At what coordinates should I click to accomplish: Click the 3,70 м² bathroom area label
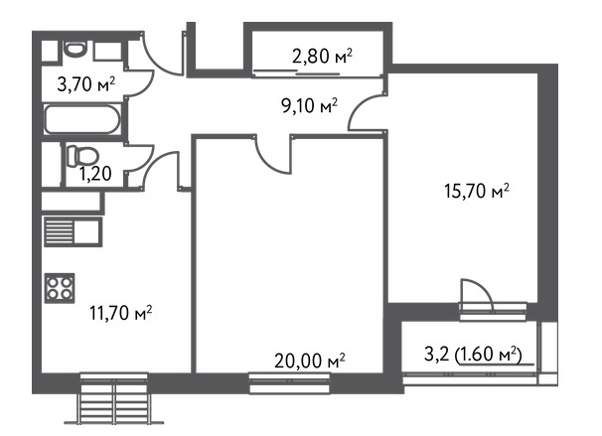(86, 83)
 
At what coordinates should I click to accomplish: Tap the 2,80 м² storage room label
(322, 56)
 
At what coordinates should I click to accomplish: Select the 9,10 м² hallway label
(310, 105)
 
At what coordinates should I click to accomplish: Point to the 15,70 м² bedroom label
(477, 191)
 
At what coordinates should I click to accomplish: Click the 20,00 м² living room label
(310, 361)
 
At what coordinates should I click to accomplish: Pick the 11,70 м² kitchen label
(121, 313)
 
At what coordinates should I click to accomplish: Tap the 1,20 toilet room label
(95, 174)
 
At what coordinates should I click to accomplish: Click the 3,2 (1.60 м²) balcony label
(474, 355)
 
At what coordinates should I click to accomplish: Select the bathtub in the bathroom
(82, 118)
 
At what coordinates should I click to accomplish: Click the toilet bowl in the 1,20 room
(82, 156)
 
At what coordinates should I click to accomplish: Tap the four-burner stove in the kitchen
(60, 288)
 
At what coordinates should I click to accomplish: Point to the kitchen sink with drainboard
(73, 231)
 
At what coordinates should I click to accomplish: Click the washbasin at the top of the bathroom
(75, 49)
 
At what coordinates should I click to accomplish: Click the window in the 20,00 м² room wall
(289, 383)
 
